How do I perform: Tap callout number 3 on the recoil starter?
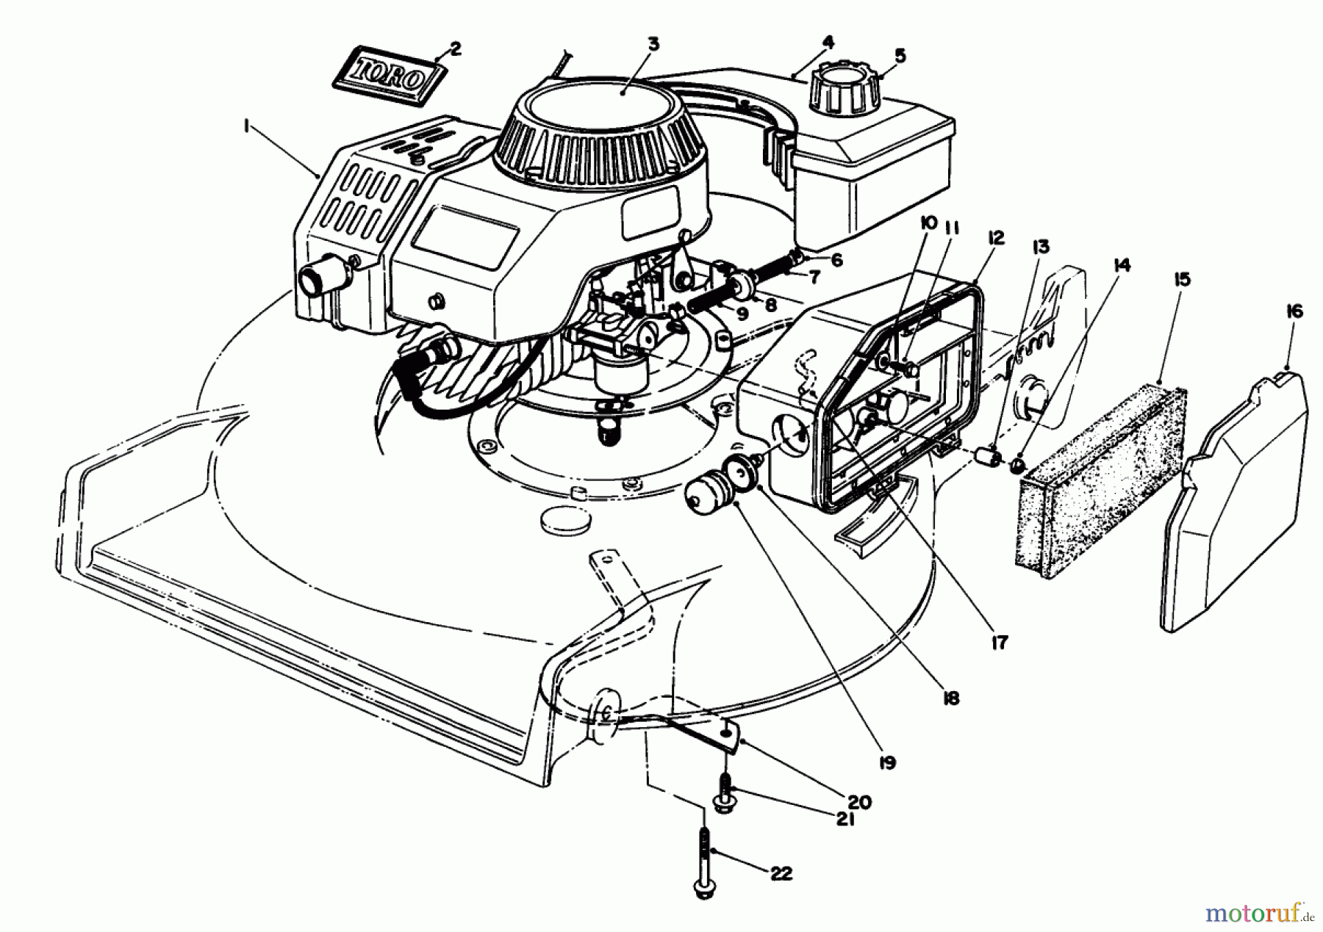[653, 44]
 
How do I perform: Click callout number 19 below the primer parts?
[886, 763]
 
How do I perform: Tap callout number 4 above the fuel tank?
[828, 43]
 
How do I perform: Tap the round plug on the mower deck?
[564, 522]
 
